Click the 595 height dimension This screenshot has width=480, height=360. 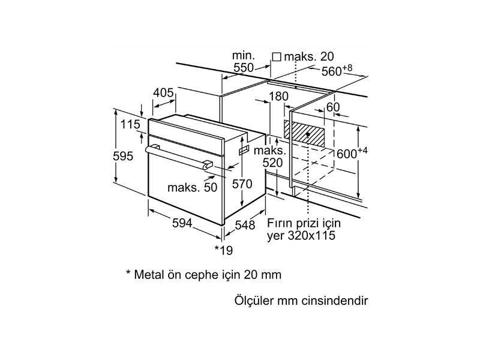[123, 156]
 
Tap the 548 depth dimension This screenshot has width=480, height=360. [245, 225]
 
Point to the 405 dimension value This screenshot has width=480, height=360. [163, 93]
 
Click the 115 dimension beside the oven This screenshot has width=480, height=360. [130, 125]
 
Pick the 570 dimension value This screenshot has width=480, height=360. [242, 184]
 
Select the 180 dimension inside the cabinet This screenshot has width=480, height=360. [279, 97]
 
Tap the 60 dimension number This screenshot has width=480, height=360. [333, 107]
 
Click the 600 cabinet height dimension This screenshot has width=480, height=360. [346, 154]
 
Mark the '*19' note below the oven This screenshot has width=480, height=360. [223, 249]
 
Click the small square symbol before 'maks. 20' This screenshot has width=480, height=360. [277, 56]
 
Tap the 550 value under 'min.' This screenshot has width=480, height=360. [244, 68]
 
